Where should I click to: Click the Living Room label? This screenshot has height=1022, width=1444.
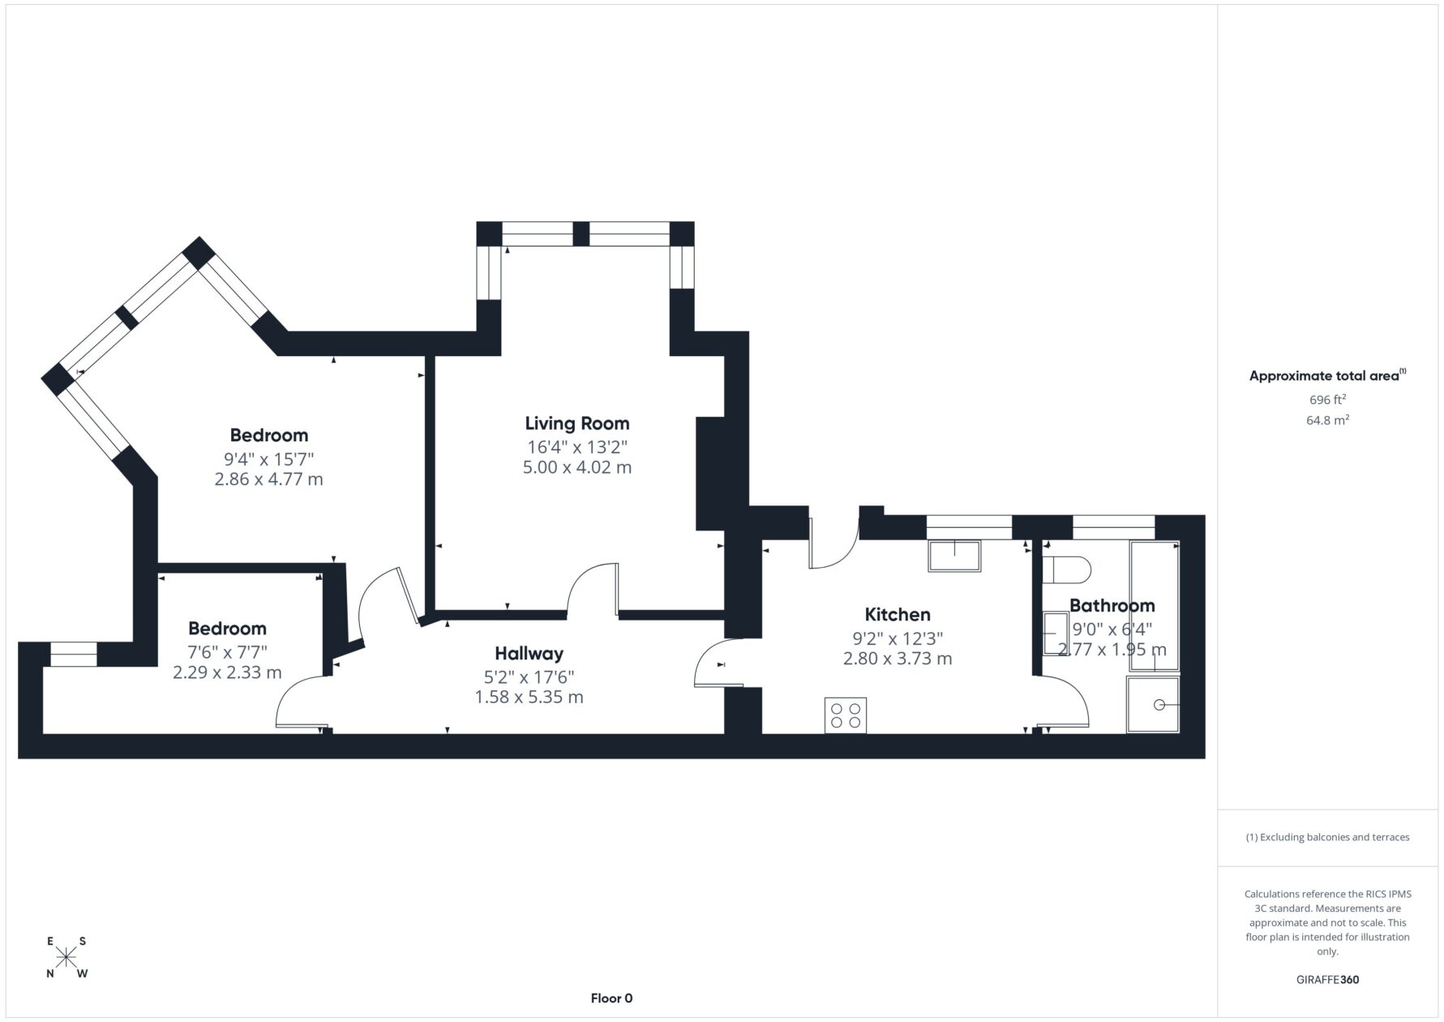[x=576, y=423]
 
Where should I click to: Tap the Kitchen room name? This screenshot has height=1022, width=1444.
[x=898, y=615]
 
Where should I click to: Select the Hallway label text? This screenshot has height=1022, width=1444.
[x=529, y=654]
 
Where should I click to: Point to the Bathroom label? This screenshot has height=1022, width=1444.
[x=1112, y=606]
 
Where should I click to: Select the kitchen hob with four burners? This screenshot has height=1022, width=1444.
[x=846, y=715]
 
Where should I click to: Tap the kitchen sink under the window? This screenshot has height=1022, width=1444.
[x=956, y=556]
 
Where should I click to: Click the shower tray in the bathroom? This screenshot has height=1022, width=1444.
[x=1153, y=705]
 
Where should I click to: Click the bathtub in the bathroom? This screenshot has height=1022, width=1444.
[x=1155, y=605]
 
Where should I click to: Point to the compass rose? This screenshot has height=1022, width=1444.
[x=66, y=958]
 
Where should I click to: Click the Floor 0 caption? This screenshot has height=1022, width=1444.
[x=611, y=998]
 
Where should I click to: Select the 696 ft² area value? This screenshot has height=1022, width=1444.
[x=1327, y=399]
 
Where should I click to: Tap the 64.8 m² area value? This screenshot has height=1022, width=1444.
[x=1327, y=420]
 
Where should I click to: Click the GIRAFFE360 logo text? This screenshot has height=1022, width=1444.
[x=1327, y=979]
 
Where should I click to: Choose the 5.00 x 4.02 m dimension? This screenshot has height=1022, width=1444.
[x=576, y=467]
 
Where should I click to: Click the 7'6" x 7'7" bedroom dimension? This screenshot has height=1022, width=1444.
[x=227, y=652]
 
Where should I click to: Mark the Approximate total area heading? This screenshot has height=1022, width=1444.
[x=1327, y=376]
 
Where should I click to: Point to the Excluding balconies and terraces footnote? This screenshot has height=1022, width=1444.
[x=1327, y=837]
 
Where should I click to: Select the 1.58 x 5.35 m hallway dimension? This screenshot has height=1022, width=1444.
[x=529, y=698]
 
